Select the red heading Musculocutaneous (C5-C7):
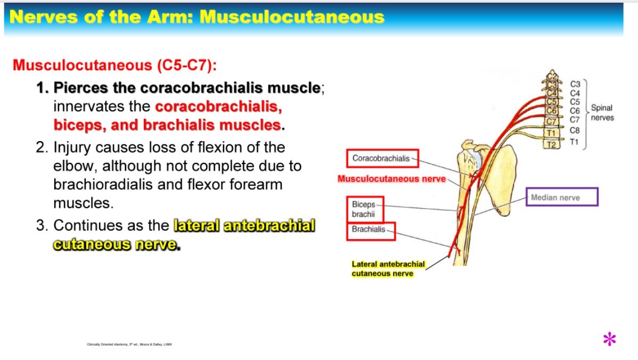[x=115, y=66]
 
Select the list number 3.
[x=42, y=225]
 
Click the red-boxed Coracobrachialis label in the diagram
[x=381, y=158]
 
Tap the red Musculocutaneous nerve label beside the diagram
[x=391, y=179]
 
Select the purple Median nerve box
[x=561, y=198]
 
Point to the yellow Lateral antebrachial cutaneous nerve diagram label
[x=388, y=268]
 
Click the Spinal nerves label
[x=602, y=112]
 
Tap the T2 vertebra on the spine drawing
[x=552, y=144]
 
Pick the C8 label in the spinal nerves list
[x=575, y=129]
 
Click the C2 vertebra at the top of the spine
[x=552, y=75]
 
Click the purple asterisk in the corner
[x=609, y=339]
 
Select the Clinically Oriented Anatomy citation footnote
[x=129, y=344]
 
